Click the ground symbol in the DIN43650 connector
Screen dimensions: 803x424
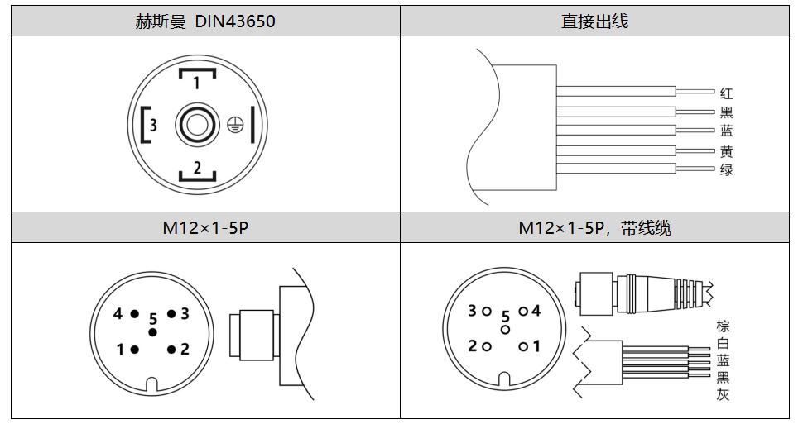point(235,125)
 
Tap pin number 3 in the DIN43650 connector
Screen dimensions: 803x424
point(153,124)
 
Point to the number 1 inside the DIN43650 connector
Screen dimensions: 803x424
point(197,83)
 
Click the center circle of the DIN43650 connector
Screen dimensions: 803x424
point(197,125)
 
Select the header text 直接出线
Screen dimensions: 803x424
point(594,21)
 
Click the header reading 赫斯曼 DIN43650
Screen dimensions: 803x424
point(205,21)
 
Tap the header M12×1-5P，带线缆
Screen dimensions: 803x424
point(594,227)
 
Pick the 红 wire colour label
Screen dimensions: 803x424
point(726,93)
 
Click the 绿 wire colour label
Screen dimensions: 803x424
point(726,169)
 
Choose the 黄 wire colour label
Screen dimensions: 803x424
point(726,151)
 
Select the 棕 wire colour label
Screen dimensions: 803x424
point(723,326)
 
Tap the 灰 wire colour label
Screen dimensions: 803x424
point(723,394)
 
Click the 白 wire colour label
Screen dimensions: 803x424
point(723,343)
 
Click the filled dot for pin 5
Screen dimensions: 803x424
point(152,332)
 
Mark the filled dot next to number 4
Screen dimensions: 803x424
point(134,313)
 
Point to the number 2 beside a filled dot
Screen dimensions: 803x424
point(185,350)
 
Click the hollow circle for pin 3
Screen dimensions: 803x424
point(487,311)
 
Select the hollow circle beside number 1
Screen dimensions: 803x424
point(523,347)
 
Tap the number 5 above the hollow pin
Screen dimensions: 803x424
point(506,317)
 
